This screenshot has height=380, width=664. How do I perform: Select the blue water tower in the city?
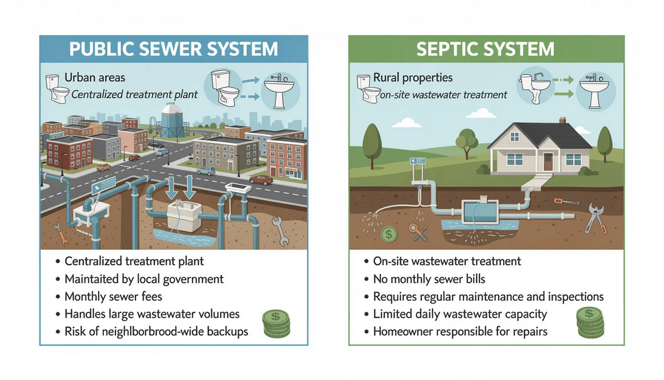click(x=172, y=121)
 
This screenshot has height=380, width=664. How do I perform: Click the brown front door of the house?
click(x=548, y=161)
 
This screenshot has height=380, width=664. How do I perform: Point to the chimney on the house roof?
click(x=563, y=123)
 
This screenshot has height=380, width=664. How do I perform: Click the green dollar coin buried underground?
click(x=388, y=234)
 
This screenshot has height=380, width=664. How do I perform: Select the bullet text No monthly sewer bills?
click(x=429, y=279)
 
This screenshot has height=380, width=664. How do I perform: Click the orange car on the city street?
click(x=261, y=180)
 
